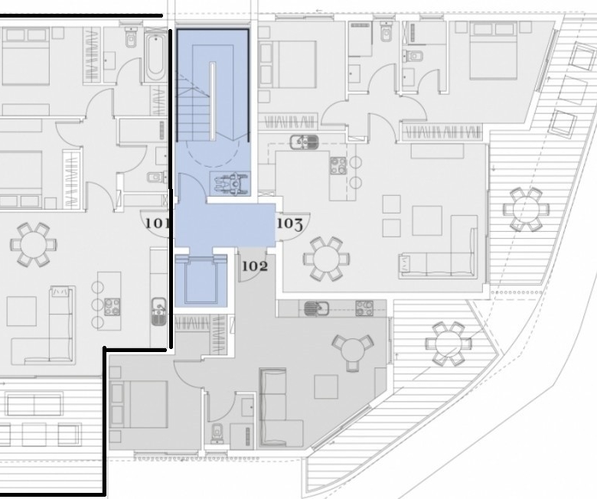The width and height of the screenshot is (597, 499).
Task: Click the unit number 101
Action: click(157, 223)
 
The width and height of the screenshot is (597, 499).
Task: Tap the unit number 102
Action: click(255, 266)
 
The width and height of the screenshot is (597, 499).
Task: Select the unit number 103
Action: click(290, 223)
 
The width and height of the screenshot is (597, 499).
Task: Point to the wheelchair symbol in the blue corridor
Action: click(230, 183)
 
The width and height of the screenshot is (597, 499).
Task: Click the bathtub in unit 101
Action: click(155, 57)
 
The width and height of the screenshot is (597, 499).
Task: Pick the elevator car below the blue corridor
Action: click(201, 282)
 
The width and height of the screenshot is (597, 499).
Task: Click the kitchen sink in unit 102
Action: click(316, 308)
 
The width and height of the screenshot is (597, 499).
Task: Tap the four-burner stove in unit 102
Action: click(364, 308)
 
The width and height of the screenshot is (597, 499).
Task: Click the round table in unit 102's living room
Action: click(353, 349)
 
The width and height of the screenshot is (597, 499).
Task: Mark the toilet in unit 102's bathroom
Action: click(218, 433)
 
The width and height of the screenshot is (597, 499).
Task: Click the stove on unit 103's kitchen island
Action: click(338, 165)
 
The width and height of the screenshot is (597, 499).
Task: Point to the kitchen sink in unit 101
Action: click(159, 311)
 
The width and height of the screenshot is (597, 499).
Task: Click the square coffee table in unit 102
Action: click(326, 386)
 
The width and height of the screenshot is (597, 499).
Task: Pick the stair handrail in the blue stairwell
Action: click(213, 101)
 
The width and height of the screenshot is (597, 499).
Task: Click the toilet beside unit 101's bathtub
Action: click(131, 38)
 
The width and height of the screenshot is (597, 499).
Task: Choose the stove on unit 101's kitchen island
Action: click(112, 307)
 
